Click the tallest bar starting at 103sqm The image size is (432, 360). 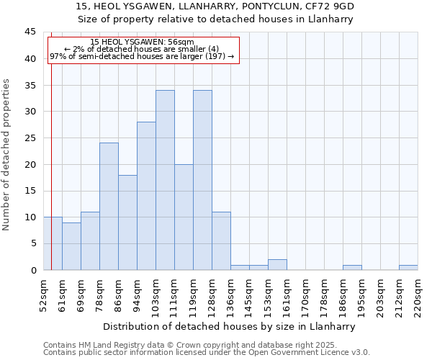coord(165,180)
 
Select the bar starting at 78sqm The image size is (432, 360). coord(109,207)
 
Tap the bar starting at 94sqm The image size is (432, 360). coord(146,196)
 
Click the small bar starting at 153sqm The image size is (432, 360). coord(277,265)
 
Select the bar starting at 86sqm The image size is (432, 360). coord(127,222)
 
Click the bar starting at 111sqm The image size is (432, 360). coord(184,217)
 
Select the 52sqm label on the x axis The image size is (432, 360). coord(43,295)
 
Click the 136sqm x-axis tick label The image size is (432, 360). coord(230,295)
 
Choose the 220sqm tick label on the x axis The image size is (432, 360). coord(418,295)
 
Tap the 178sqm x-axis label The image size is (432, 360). coord(324,295)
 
